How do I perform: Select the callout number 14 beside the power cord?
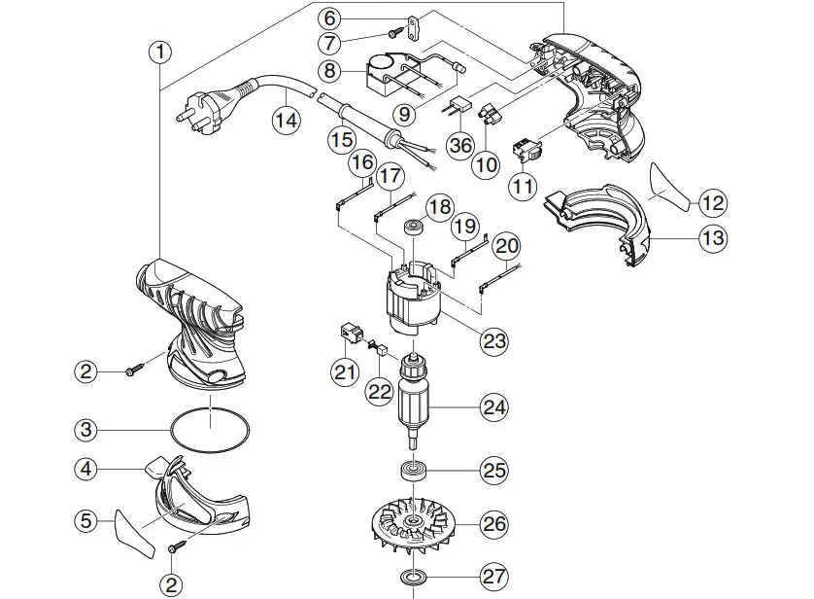pos(285,120)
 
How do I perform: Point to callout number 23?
pos(494,340)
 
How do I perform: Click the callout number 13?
pos(714,237)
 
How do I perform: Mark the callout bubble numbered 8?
pos(330,70)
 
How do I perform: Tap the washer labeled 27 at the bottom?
pos(414,578)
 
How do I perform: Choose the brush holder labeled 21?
pos(347,334)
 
